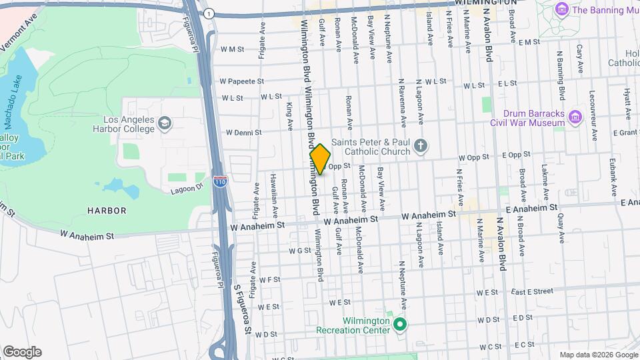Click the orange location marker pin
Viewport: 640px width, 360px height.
pos(320,159)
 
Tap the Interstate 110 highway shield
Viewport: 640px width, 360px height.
pos(219,181)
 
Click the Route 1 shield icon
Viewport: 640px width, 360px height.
pos(209,13)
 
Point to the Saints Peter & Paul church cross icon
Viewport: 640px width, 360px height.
pos(420,145)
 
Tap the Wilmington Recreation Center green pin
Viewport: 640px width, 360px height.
pos(400,325)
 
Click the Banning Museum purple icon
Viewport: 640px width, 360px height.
pos(561,10)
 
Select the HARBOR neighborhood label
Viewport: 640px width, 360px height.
pos(107,211)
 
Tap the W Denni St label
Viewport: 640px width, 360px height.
pos(243,133)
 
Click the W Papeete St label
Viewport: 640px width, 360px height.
pos(241,81)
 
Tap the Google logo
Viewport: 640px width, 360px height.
pos(22,352)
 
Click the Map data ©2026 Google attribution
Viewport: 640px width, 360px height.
pos(598,355)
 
